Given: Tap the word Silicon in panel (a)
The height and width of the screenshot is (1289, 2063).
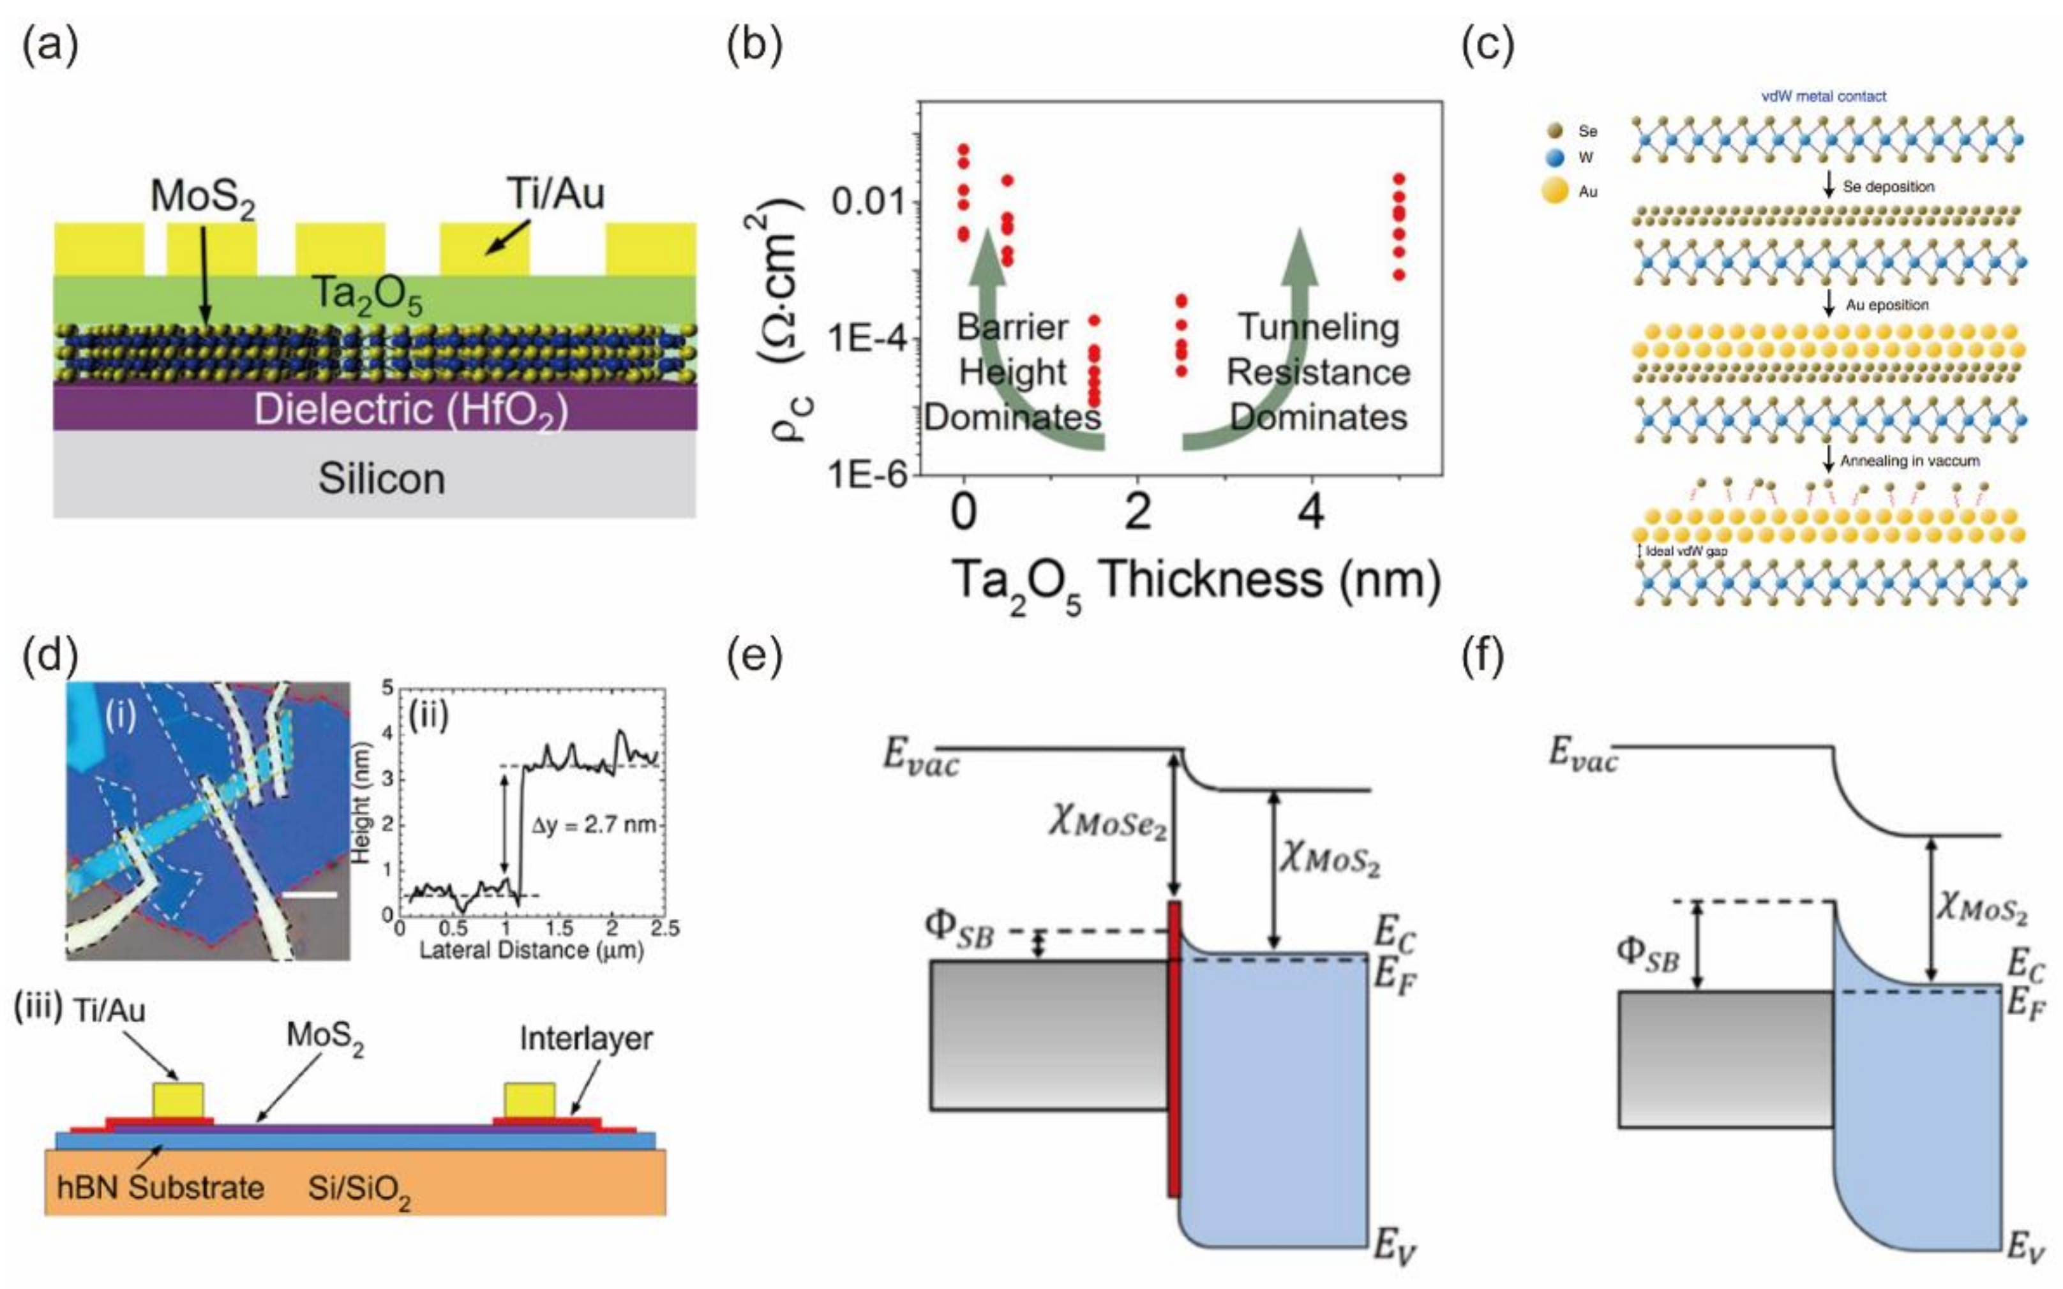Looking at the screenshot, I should [381, 478].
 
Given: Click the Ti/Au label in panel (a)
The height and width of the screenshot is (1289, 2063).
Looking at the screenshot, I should [556, 193].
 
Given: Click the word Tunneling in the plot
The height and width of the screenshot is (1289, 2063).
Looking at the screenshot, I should [1318, 327].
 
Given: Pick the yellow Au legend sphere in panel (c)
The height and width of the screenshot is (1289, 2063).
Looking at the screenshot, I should [1555, 191].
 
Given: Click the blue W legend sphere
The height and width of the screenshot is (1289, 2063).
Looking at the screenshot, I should [1555, 158].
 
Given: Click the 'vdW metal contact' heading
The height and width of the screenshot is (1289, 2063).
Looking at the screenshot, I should [1824, 96].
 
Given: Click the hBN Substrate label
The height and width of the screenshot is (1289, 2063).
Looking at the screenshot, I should [160, 1188].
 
